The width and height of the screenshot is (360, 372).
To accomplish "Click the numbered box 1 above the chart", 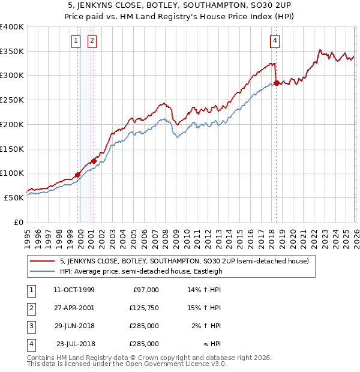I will (76, 41).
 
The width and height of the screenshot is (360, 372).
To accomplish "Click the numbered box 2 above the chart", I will (92, 41).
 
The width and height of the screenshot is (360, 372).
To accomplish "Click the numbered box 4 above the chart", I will (275, 41).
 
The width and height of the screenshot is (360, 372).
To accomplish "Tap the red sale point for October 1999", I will (77, 175).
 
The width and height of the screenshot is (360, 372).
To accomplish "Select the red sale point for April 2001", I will (94, 161).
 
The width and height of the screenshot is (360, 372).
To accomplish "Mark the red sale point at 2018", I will (276, 83).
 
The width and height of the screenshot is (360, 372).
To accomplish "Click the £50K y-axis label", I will (14, 197).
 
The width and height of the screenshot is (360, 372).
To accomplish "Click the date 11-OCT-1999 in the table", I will (74, 290).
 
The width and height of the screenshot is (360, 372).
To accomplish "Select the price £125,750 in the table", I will (144, 308).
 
